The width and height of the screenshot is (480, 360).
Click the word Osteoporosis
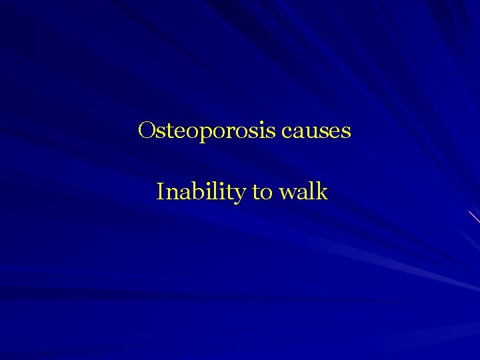[207, 131]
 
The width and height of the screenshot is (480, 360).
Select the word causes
[316, 131]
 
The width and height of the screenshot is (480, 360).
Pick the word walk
[303, 192]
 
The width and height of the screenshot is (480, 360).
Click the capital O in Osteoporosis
[146, 130]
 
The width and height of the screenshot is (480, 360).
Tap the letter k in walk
[322, 192]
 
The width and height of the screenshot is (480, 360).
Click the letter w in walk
[288, 194]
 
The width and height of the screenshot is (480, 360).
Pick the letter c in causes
[287, 132]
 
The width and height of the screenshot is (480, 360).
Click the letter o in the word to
[268, 194]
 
